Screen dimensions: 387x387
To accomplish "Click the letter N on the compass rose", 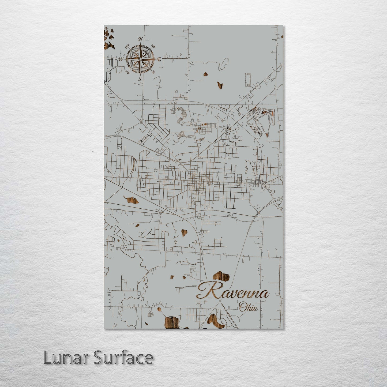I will click(140, 40).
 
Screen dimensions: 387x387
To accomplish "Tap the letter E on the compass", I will click(159, 59).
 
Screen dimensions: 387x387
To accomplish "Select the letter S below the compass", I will click(140, 79).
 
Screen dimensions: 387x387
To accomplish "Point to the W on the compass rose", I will click(121, 59).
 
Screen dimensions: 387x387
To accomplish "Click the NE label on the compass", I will click(153, 46).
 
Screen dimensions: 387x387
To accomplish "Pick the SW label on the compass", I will click(127, 72).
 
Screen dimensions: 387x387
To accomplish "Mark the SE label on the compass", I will click(153, 72).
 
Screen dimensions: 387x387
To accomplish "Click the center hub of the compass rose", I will click(140, 59).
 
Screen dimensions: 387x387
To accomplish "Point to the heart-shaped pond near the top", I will click(220, 85).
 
